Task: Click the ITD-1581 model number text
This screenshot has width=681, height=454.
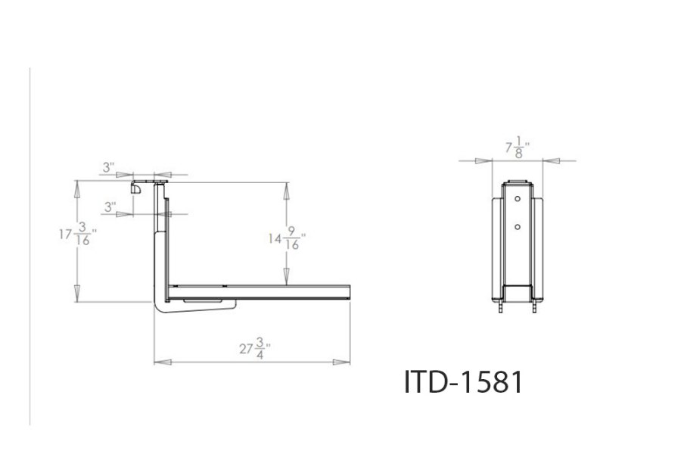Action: pos(464,382)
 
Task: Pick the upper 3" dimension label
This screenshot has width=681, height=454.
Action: pos(110,166)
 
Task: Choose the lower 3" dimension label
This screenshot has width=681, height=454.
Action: pos(110,206)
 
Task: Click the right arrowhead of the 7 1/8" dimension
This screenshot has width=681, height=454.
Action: pos(550,160)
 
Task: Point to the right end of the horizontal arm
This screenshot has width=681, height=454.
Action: pos(350,293)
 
